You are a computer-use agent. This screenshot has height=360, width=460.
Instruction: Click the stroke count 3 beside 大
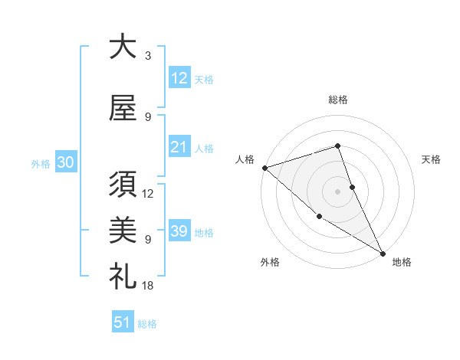(148, 56)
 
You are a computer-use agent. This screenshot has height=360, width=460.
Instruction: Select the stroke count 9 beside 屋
(148, 116)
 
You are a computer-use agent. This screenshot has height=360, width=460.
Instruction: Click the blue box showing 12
(179, 79)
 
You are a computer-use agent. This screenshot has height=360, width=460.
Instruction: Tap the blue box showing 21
(179, 148)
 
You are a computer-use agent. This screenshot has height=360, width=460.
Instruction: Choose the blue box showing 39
(179, 232)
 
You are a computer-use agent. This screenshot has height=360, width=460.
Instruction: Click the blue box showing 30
(65, 163)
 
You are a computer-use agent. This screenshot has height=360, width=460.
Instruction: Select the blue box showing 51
(123, 323)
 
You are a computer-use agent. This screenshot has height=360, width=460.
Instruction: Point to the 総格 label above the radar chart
(337, 100)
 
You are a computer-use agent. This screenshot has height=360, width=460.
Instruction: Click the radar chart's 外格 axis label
(270, 262)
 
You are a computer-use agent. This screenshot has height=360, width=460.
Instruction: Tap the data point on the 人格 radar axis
(264, 168)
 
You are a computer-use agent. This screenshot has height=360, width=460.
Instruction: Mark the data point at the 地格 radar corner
(382, 253)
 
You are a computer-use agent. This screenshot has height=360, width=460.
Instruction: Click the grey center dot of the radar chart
(337, 191)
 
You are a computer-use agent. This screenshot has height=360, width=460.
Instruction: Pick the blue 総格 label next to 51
(147, 325)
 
